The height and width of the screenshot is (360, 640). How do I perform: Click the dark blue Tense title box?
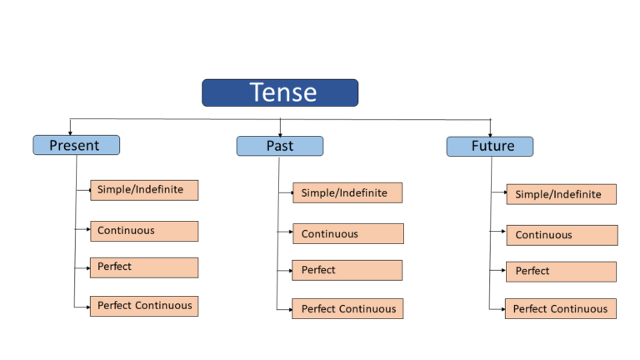point(280,92)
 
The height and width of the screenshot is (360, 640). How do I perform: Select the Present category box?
point(76,145)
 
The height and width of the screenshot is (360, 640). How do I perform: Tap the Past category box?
point(280,146)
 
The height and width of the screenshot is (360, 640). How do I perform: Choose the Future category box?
point(489,147)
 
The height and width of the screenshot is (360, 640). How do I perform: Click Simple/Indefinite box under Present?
point(144,190)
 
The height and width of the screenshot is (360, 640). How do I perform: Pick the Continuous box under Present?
point(144,231)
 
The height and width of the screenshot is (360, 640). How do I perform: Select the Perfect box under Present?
point(144,267)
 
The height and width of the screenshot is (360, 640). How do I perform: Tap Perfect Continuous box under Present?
point(144,306)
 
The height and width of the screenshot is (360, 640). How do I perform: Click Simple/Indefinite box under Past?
point(347,192)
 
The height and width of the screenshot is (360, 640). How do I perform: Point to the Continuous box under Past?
point(347,233)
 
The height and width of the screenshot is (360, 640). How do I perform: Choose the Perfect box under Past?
point(347,270)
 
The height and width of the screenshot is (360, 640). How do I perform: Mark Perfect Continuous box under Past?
point(347,308)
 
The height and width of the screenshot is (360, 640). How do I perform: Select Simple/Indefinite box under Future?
point(561,194)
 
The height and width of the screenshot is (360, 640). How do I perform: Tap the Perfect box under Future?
point(561,272)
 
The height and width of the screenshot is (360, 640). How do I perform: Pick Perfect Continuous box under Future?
point(560,308)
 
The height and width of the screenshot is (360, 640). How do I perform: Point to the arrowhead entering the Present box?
point(69,132)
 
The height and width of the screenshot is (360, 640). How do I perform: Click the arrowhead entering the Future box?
point(490,134)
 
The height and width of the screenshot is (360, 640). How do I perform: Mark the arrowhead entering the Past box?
point(280,133)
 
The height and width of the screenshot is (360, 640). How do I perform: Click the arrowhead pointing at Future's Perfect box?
point(503,271)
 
